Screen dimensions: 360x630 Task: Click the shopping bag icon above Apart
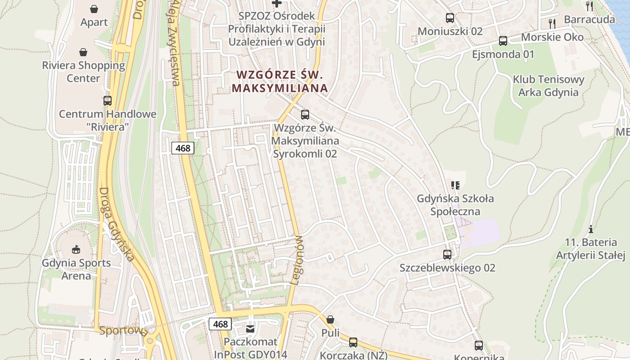coord(94,9)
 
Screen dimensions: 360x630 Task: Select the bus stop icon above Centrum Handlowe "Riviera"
coord(107,100)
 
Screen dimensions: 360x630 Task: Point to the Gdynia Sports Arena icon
coord(76,249)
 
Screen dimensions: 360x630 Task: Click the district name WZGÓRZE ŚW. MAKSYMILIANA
coord(279,81)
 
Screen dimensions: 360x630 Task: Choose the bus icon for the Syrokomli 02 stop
coord(305,114)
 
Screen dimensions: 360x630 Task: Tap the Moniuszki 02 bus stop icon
coord(450,18)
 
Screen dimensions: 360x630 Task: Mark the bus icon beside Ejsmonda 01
coord(503,41)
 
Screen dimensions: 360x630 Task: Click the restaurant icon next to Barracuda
coord(589,6)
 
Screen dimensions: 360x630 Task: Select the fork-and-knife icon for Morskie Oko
coord(552,23)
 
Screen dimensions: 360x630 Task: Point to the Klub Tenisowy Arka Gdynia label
coord(549,86)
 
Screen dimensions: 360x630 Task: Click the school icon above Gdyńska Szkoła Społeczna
coord(455,185)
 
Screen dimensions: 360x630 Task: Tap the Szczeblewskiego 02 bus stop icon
coord(447,254)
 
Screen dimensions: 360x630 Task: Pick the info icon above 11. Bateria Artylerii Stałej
coord(591,229)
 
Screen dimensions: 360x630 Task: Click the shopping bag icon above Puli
coord(330,319)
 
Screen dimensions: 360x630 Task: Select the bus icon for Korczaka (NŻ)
coord(353,342)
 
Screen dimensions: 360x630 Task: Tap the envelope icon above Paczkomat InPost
coord(250,329)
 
